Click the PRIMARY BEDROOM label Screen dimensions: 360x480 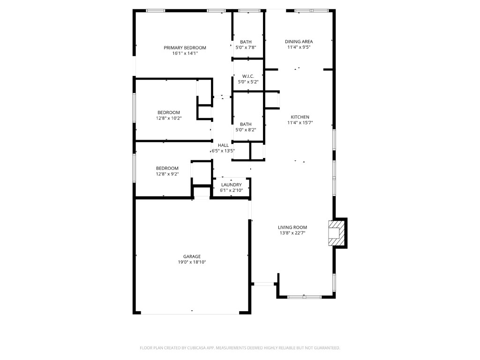point(185,48)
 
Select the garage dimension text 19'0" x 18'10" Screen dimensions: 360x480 point(192,262)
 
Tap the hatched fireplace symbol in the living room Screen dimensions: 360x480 point(335,232)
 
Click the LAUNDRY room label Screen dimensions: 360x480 point(231,185)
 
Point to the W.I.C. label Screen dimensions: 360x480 point(248,76)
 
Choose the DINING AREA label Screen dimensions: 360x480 point(300,42)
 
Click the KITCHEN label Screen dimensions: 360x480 point(300,117)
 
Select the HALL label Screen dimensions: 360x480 point(223,145)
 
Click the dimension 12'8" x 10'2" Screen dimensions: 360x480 point(168,118)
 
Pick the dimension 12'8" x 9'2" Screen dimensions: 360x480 point(167,174)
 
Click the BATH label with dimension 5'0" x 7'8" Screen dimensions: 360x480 point(246,42)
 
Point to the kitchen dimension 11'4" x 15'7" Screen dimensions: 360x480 point(300,123)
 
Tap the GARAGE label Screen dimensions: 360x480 point(192,256)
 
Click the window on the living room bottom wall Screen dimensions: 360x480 point(304,296)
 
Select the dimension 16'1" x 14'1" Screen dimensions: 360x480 point(185,53)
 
